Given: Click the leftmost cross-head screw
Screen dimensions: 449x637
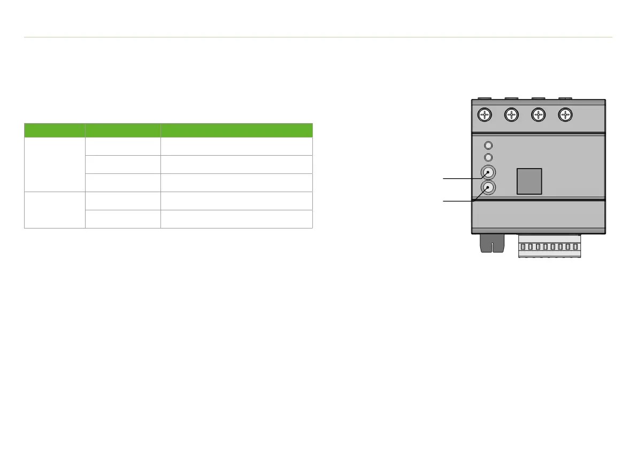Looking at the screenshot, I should (485, 115).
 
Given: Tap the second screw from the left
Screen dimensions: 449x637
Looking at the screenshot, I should (511, 115).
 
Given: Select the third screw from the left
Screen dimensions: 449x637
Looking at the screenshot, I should (538, 115).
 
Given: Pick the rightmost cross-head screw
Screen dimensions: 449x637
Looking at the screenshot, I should (565, 115).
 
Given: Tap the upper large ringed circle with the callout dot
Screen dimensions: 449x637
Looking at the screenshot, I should (488, 173).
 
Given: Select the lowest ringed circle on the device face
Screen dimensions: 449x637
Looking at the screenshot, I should (488, 188).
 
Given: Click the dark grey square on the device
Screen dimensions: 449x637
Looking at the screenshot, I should (529, 181).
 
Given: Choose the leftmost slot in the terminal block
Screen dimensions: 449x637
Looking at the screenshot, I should (523, 247).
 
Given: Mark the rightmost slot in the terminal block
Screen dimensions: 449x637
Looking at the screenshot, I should (575, 247).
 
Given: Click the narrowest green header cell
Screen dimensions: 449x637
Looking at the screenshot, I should (55, 130).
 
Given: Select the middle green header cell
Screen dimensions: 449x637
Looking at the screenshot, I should (123, 130).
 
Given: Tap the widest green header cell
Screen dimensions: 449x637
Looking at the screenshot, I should (236, 130).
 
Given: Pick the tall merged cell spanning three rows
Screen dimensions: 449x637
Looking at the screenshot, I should (55, 164).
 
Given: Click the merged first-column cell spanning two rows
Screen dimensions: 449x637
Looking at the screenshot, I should (55, 210).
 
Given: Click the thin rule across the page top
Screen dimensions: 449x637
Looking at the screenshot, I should (318, 37).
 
